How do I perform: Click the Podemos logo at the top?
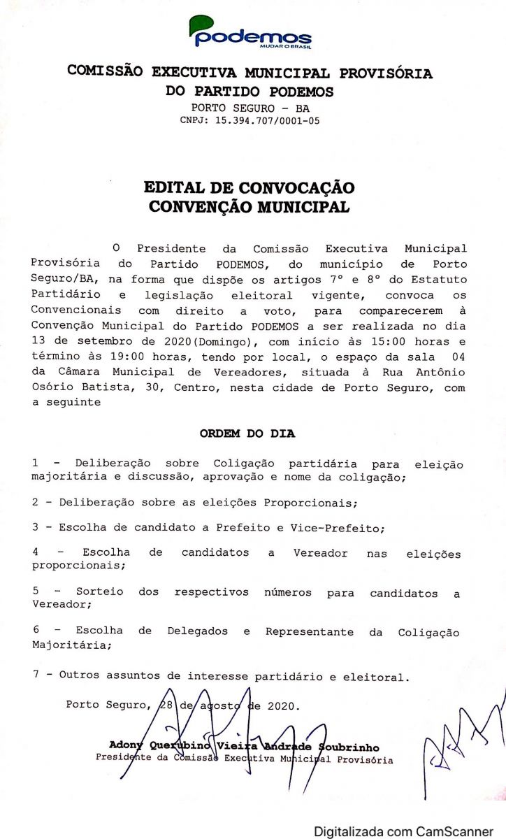pyautogui.click(x=250, y=32)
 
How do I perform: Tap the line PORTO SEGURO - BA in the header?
pyautogui.click(x=250, y=108)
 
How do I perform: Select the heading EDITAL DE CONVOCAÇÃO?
pyautogui.click(x=249, y=187)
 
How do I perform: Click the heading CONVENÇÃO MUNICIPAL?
pyautogui.click(x=249, y=207)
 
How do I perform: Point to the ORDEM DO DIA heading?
pyautogui.click(x=247, y=433)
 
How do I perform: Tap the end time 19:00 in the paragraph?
pyautogui.click(x=113, y=357)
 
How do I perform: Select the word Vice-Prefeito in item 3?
pyautogui.click(x=347, y=528)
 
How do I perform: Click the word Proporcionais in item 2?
pyautogui.click(x=310, y=503)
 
